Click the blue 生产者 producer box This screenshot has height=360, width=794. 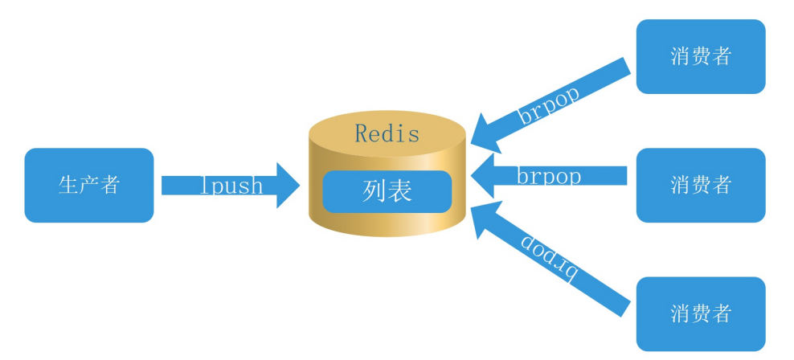pyautogui.click(x=88, y=185)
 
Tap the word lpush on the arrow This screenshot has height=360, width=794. pyautogui.click(x=231, y=186)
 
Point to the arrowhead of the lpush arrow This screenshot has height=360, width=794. pyautogui.click(x=289, y=186)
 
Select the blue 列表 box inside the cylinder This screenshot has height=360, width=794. pyautogui.click(x=387, y=191)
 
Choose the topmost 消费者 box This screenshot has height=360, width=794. pyautogui.click(x=700, y=56)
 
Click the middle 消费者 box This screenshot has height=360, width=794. pyautogui.click(x=700, y=185)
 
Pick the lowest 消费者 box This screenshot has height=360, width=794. pyautogui.click(x=700, y=313)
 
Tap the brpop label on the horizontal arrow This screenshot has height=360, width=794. pyautogui.click(x=549, y=175)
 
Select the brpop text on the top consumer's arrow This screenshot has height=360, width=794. pyautogui.click(x=549, y=102)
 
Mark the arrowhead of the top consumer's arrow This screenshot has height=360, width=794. pyautogui.click(x=485, y=129)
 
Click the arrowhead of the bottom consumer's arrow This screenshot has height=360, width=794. pyautogui.click(x=485, y=221)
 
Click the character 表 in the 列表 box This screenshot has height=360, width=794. pyautogui.click(x=399, y=191)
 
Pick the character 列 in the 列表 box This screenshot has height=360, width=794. pyautogui.click(x=374, y=191)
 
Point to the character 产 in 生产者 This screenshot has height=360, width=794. pyautogui.click(x=88, y=185)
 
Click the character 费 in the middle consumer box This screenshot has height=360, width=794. pyautogui.click(x=700, y=185)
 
